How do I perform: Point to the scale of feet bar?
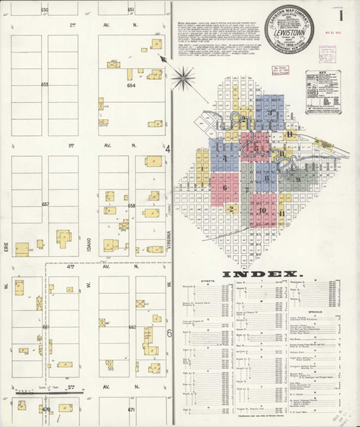pyautogui.click(x=66, y=392)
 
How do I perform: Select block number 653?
pyautogui.click(x=45, y=84)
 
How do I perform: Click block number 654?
pyautogui.click(x=131, y=85)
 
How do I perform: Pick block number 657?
pyautogui.click(x=45, y=204)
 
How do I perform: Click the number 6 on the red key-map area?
pyautogui.click(x=225, y=187)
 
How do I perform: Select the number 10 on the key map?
pyautogui.click(x=263, y=210)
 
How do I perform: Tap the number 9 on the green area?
pyautogui.click(x=297, y=179)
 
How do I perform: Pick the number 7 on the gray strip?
pyautogui.click(x=247, y=189)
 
